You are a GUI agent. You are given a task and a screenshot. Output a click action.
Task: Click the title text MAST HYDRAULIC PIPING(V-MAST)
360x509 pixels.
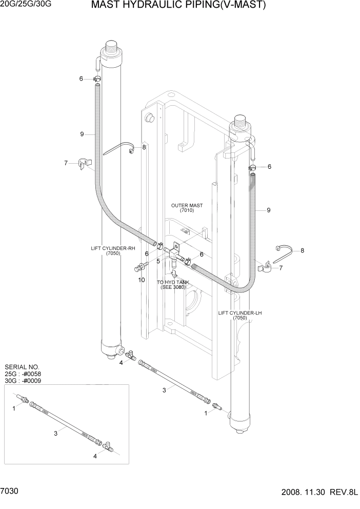(178, 6)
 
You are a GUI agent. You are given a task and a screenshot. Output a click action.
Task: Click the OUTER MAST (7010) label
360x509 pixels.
(187, 208)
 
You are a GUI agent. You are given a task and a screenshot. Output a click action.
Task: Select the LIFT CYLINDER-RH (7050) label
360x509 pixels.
(113, 251)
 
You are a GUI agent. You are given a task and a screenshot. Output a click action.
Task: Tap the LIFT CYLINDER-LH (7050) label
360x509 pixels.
(239, 315)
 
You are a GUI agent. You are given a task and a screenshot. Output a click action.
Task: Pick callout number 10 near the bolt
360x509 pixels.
(142, 280)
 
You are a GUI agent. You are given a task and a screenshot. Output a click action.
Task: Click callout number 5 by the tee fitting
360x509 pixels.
(158, 261)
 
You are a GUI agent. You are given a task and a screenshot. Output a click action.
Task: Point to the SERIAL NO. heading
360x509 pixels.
(22, 367)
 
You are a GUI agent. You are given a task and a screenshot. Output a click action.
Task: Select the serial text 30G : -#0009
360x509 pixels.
(23, 381)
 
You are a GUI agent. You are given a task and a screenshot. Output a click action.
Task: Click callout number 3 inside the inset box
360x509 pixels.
(55, 434)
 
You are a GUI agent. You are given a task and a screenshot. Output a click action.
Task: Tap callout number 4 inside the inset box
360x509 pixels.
(94, 456)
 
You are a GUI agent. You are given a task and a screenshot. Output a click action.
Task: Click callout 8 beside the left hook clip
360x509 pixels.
(144, 147)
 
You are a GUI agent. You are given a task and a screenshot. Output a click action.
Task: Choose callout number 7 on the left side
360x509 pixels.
(66, 163)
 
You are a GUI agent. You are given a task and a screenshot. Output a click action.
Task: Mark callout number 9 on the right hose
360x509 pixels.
(269, 210)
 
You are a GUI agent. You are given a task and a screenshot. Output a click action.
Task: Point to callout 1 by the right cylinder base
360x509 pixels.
(206, 412)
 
